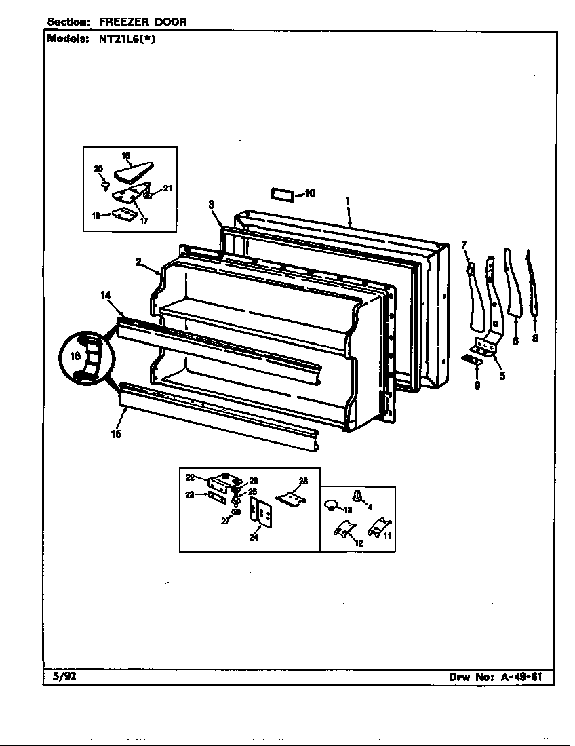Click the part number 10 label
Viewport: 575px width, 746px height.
pyautogui.click(x=309, y=193)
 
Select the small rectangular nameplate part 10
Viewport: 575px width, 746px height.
pyautogui.click(x=283, y=194)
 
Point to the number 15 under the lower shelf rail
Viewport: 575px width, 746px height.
pyautogui.click(x=117, y=434)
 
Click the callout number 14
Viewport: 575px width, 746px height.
pyautogui.click(x=106, y=295)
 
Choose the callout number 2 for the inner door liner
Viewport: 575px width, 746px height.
pyautogui.click(x=138, y=261)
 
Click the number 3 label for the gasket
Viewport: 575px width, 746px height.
pyautogui.click(x=212, y=204)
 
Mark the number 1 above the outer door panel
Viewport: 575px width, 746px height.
pyautogui.click(x=348, y=201)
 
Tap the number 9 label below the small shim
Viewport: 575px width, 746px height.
pyautogui.click(x=477, y=385)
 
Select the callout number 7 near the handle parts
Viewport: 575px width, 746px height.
pyautogui.click(x=464, y=244)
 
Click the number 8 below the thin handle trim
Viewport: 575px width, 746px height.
pyautogui.click(x=535, y=339)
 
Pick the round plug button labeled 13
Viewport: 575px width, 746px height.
pyautogui.click(x=332, y=505)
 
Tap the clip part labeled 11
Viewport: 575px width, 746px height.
pyautogui.click(x=376, y=528)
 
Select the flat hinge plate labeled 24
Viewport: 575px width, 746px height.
pyautogui.click(x=260, y=512)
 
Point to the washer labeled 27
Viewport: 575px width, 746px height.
pyautogui.click(x=235, y=511)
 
